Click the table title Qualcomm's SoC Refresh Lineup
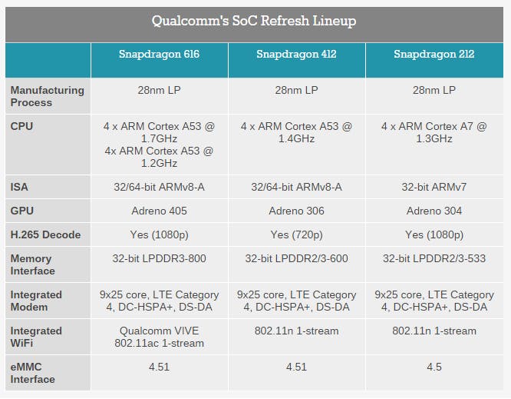pos(254,21)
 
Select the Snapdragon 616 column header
pos(159,54)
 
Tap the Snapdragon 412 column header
pos(296,54)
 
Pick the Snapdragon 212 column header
pos(434,54)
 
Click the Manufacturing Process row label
pos(47,96)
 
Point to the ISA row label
pos(21,186)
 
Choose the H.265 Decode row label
pos(45,234)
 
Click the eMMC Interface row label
pos(33,373)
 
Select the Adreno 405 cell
pos(159,211)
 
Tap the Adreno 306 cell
pos(296,211)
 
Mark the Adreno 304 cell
pos(434,211)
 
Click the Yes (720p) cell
pos(296,234)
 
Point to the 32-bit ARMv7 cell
pos(434,186)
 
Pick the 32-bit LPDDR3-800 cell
pos(159,258)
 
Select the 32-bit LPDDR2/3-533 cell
pos(434,258)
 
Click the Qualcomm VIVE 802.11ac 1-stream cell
pos(159,337)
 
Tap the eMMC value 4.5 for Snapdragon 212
pos(434,367)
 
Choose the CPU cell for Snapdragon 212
pos(434,132)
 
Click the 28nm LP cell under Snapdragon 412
pos(296,90)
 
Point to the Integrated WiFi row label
pos(36,337)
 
